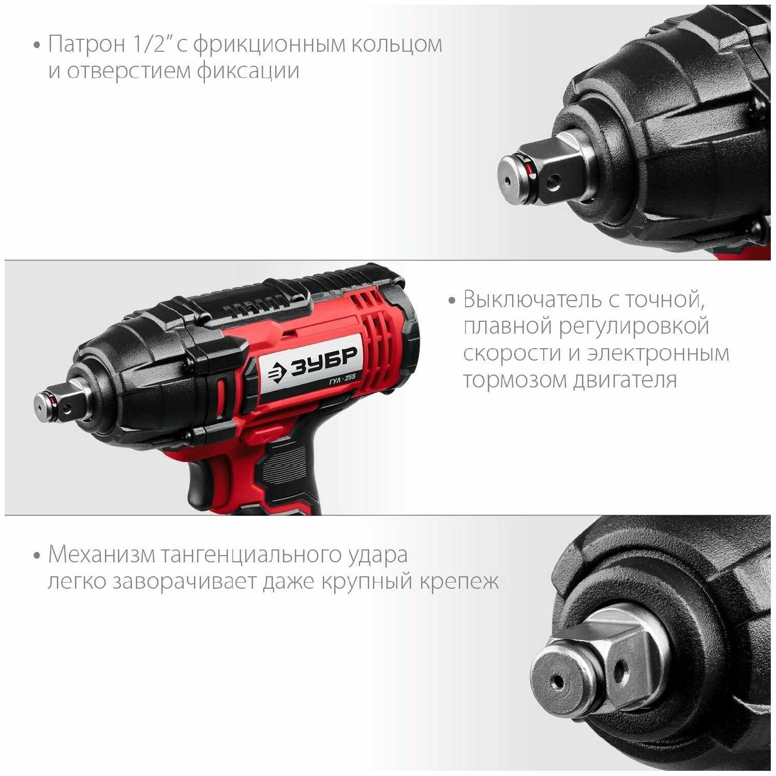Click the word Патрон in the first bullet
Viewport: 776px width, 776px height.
(87, 44)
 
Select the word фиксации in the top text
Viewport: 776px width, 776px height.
(248, 71)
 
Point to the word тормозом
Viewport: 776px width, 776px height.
(515, 380)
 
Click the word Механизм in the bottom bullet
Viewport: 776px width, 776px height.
(101, 555)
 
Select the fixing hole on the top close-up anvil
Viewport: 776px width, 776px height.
(554, 181)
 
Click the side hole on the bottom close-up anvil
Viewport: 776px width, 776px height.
(620, 670)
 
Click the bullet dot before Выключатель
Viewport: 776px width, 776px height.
(452, 301)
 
